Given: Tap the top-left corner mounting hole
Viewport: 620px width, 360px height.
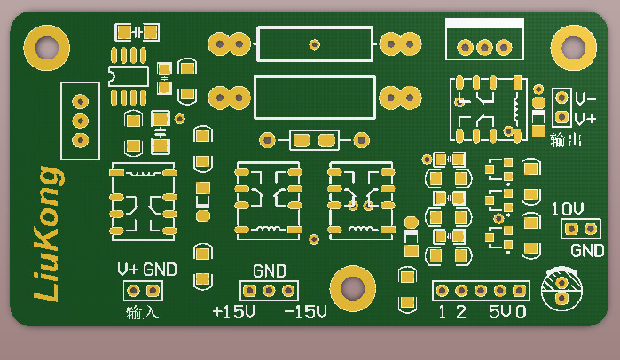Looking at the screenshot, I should (46, 46).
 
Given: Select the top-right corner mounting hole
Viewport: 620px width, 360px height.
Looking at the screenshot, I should (572, 46).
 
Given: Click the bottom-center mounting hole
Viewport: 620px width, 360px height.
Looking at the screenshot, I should (352, 288).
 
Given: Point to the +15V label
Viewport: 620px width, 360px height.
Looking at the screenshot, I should (233, 312).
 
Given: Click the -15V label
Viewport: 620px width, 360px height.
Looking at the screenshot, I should (305, 312).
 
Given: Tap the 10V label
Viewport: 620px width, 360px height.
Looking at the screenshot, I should (568, 209).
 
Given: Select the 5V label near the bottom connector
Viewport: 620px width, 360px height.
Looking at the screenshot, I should (499, 312).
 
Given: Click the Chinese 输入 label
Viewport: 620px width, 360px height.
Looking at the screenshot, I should (142, 312).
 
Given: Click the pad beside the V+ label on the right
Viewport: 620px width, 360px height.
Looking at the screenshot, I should (561, 116).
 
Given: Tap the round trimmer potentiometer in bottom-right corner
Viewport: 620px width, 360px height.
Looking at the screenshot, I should (561, 287).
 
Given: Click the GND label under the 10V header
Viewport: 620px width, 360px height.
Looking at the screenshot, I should (586, 251).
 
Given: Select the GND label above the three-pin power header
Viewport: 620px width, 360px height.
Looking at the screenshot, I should (270, 270).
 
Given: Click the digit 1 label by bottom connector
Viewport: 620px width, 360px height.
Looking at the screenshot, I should (443, 312).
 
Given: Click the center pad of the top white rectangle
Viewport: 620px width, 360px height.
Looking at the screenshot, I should (314, 43).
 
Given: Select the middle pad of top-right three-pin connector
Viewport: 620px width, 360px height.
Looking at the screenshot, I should (484, 46).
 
